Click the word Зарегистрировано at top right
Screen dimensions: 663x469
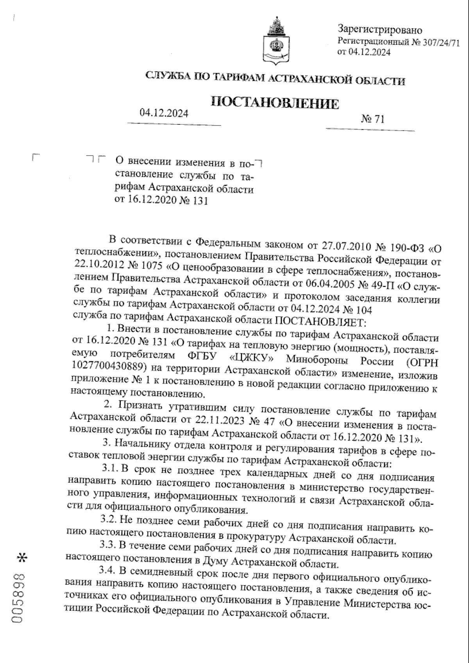click(x=379, y=30)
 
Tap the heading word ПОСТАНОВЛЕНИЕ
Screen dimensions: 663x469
click(x=275, y=103)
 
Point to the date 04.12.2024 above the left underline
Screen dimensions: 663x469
click(x=164, y=113)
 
